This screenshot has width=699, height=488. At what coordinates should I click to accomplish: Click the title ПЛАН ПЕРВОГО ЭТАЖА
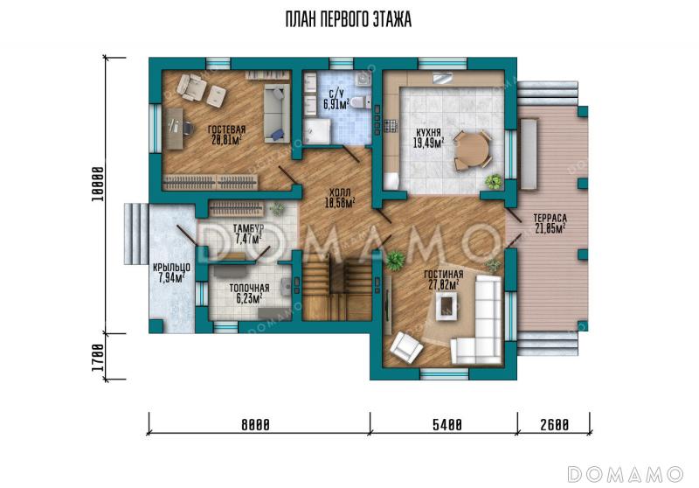348,20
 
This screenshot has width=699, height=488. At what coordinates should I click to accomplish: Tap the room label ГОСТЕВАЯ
226,129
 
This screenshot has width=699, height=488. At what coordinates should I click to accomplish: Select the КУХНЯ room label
428,133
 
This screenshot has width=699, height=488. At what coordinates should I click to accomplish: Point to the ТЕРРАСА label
550,218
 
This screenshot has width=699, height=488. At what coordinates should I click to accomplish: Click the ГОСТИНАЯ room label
444,275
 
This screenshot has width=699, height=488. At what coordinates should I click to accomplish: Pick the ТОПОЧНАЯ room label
249,288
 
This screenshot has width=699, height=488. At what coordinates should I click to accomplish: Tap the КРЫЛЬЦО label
171,268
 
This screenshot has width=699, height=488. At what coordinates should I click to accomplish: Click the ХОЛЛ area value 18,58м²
340,203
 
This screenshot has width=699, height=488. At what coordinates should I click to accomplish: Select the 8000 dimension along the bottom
255,425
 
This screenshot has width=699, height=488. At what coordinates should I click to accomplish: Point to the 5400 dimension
447,425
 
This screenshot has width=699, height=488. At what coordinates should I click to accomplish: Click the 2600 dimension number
555,425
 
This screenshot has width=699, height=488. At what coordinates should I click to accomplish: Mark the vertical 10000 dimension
98,184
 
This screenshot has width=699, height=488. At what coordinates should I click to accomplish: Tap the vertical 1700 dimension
98,358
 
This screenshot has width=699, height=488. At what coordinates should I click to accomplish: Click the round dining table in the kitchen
471,150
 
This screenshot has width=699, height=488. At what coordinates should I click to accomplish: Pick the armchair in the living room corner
406,346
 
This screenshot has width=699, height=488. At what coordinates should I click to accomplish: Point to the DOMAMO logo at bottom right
626,474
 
